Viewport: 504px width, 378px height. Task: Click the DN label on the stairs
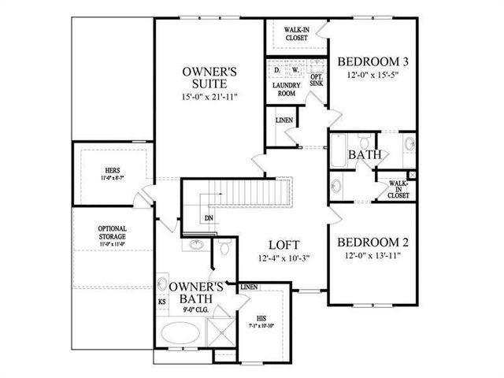click(209, 218)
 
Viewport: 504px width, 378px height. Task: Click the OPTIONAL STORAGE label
click(113, 234)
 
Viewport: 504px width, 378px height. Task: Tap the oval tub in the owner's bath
click(181, 334)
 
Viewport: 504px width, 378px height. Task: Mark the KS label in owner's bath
click(161, 302)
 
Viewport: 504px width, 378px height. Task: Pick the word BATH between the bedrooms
click(365, 155)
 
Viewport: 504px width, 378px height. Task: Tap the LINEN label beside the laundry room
click(283, 120)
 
